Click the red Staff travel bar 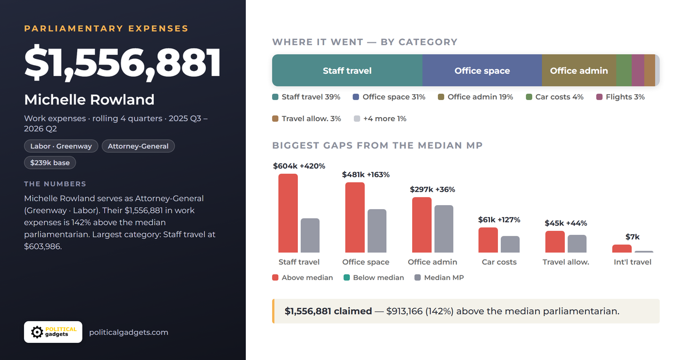point(288,213)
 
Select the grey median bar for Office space point(377,231)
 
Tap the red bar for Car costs point(488,240)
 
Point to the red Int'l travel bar point(622,249)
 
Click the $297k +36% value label point(432,190)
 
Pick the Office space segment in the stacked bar point(482,70)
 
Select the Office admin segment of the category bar point(579,70)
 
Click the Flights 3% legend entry point(620,97)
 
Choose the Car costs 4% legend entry point(555,97)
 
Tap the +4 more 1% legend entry point(380,119)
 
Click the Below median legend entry point(374,278)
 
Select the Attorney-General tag point(138,146)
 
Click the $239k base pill point(50,162)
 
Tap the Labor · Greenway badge point(61,146)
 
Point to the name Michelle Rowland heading point(89,99)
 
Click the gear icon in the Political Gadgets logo point(37,332)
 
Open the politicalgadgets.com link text point(129,333)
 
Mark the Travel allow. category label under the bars point(566,262)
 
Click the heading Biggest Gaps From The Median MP point(377,145)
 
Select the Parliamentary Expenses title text point(106,29)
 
